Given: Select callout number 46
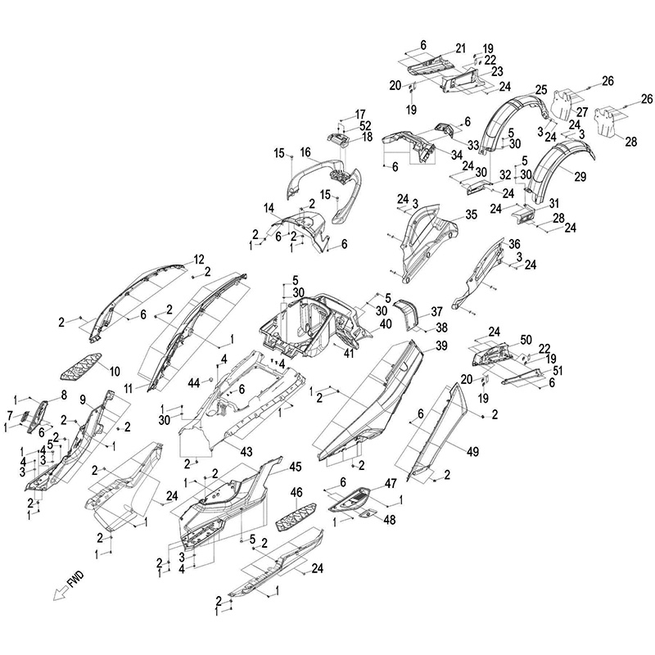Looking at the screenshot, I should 296,492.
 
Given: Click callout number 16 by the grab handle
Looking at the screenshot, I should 305,152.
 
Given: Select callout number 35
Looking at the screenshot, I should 471,215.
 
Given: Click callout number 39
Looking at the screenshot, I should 441,346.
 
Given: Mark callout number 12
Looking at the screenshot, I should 199,259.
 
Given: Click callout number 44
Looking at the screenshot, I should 193,383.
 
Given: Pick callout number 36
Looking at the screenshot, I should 514,244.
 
